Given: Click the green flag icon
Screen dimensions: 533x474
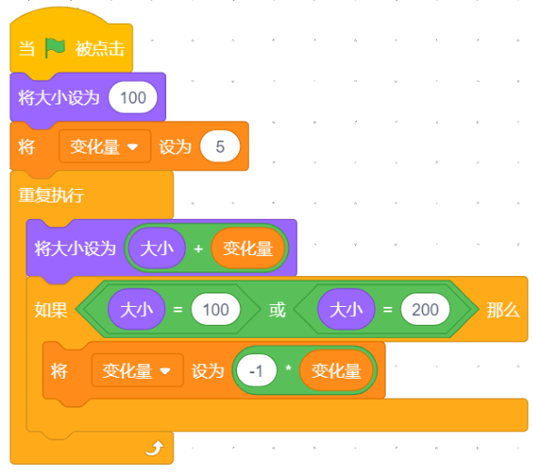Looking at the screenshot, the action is (54, 48).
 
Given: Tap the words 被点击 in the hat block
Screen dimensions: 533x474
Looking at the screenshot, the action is (100, 49).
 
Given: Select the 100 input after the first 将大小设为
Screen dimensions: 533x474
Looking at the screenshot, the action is (133, 97).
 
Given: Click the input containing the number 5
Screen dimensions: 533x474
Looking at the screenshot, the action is (220, 146).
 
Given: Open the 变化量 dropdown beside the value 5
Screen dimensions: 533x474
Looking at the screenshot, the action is (104, 146).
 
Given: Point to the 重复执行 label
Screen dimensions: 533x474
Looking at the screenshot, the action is (51, 195).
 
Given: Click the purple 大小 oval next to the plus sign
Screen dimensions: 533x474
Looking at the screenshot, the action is (157, 248).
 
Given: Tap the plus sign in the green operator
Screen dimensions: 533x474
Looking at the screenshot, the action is (199, 249).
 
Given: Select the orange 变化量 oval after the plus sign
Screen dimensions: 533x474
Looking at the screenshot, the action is (248, 248).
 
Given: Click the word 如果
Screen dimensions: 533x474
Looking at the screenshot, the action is (51, 311).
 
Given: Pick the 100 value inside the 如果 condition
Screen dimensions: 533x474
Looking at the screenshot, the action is (215, 310).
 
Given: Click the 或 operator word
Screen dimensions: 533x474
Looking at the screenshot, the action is (277, 311).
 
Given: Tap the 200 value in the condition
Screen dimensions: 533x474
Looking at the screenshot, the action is (425, 310).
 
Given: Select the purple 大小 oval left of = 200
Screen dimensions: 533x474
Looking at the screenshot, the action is (346, 310).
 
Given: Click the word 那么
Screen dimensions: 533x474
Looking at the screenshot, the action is (503, 311).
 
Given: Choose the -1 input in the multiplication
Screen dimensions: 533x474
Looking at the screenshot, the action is (256, 370).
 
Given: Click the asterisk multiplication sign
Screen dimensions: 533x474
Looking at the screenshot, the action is (288, 369).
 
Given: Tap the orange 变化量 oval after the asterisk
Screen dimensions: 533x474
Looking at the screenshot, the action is (336, 370).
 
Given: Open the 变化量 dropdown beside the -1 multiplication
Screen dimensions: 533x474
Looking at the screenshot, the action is (137, 370).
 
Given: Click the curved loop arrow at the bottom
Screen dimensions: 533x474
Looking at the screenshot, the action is (154, 448).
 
